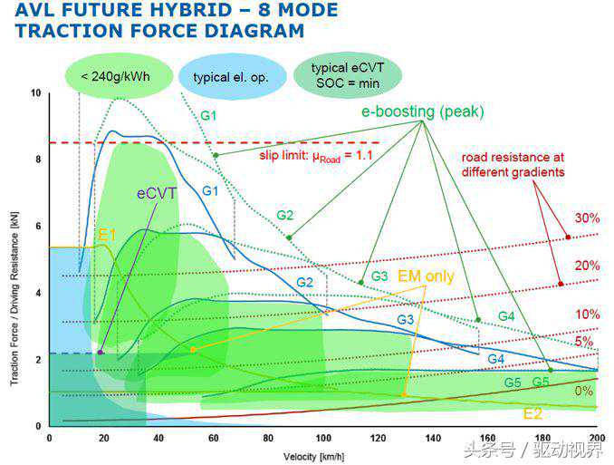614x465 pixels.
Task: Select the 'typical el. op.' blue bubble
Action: click(230, 77)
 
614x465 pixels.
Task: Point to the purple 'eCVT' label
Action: click(157, 193)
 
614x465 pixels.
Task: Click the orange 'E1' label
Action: click(107, 234)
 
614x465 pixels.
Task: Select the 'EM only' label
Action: click(426, 276)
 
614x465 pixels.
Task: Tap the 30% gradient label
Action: click(586, 218)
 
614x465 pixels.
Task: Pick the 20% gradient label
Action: click(586, 266)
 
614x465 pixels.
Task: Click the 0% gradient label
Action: click(584, 391)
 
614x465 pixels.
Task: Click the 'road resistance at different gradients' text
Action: click(513, 164)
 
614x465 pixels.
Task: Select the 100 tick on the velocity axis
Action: click(323, 438)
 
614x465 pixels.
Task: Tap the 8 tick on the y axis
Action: click(36, 160)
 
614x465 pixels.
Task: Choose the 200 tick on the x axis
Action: click(597, 438)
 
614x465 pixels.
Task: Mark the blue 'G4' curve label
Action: click(495, 359)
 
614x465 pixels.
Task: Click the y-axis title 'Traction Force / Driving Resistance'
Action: click(14, 259)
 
